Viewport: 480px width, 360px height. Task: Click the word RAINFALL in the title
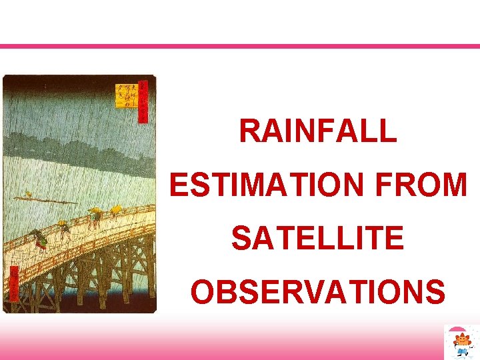coord(317,131)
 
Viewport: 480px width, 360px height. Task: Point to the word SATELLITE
coord(317,238)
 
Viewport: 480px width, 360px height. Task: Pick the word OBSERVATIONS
coord(317,291)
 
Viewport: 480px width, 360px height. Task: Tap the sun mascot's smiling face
coord(461,341)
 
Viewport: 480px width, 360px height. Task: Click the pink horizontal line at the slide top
coord(240,46)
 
